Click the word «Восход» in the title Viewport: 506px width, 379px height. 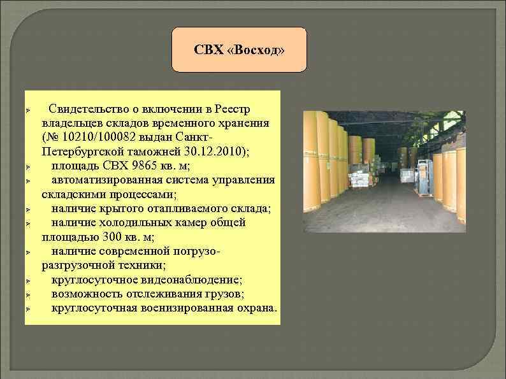point(261,50)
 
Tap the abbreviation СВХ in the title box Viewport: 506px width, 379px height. point(210,50)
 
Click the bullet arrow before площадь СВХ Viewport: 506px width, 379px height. point(29,166)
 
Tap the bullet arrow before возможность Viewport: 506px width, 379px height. point(29,294)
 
